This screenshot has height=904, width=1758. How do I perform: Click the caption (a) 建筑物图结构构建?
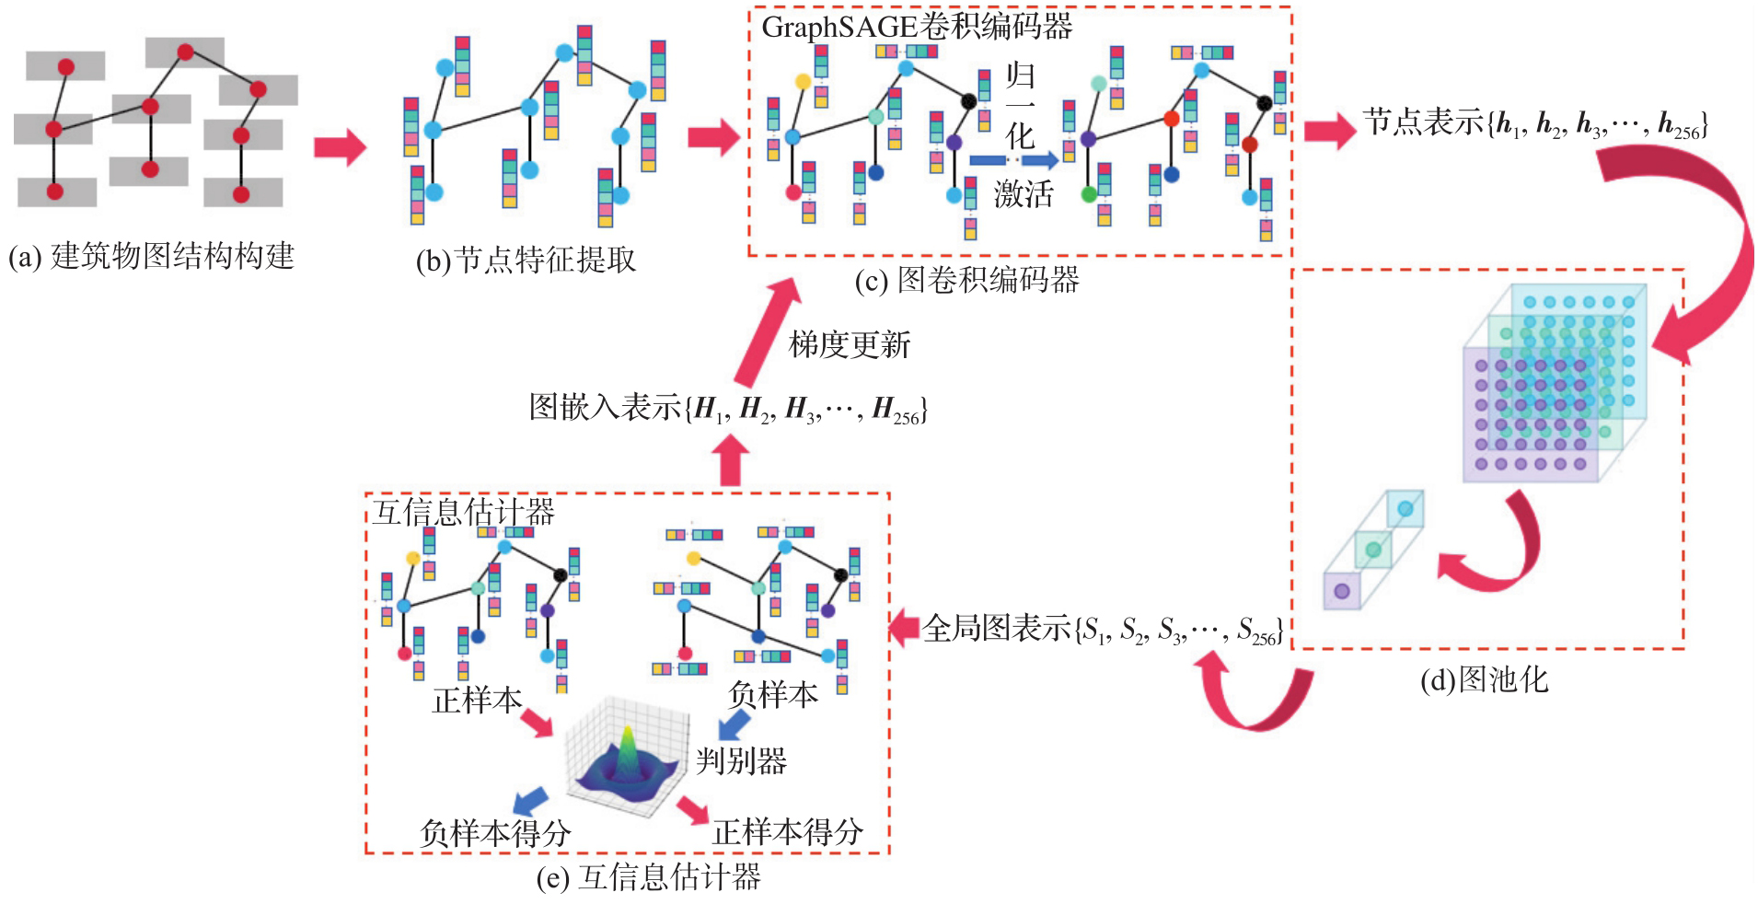tap(152, 256)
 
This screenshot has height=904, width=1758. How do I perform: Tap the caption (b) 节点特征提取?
tap(526, 261)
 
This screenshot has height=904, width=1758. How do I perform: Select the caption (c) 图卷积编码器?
tap(966, 280)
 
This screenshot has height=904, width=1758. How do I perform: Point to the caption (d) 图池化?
tap(1484, 680)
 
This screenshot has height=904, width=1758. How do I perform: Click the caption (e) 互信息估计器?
tap(648, 877)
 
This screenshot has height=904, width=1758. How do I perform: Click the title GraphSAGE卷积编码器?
tap(917, 27)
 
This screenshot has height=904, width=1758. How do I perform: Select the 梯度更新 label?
tap(849, 344)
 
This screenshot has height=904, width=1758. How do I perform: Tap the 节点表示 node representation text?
tap(1534, 123)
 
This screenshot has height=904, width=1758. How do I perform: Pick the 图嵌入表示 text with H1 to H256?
tap(727, 408)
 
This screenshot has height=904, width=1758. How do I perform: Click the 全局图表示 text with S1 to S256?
tap(1103, 629)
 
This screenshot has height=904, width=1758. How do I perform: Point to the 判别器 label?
tap(741, 761)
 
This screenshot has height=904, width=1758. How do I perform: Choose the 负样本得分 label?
tap(495, 833)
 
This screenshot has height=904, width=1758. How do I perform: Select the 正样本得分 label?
tap(787, 832)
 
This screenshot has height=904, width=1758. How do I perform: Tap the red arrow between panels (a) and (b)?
tap(340, 146)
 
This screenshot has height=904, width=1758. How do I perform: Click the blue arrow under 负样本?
tap(733, 726)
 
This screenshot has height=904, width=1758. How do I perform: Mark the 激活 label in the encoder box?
tap(1023, 194)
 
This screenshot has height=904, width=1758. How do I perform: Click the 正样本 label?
tap(477, 701)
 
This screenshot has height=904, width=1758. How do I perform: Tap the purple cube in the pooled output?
tap(1341, 591)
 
